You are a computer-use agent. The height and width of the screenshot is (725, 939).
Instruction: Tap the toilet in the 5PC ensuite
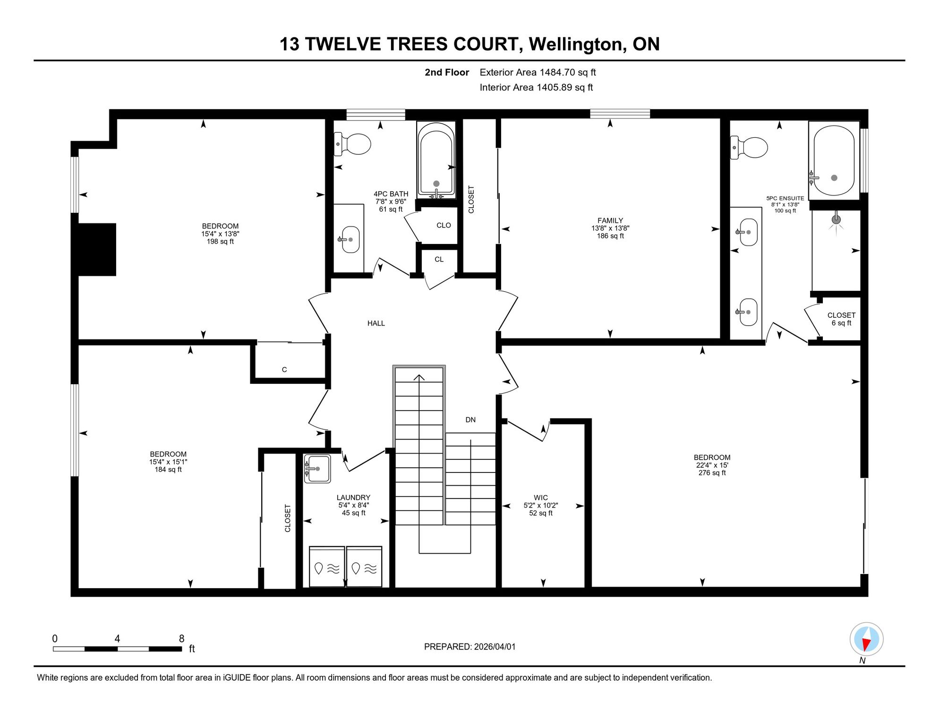point(749,147)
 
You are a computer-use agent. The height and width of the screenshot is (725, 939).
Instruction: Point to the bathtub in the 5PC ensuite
point(834,160)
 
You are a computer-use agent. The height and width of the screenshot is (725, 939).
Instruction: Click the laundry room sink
point(317,469)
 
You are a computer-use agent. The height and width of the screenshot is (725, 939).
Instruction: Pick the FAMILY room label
point(610,220)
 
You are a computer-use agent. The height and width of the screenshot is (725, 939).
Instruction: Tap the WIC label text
point(541,497)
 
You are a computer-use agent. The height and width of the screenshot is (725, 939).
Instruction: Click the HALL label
point(376,323)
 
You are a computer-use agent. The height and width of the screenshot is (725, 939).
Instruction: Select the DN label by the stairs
point(470,420)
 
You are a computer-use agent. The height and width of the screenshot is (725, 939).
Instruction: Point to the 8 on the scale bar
point(181,639)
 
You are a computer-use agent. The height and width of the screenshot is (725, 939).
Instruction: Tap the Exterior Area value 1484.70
point(557,72)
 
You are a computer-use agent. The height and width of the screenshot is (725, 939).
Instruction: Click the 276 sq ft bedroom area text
point(712,472)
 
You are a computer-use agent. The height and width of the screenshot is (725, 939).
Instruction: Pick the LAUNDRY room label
point(353,497)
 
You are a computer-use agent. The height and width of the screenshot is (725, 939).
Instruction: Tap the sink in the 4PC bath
point(350,239)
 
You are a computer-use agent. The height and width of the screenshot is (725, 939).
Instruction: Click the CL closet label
point(439,259)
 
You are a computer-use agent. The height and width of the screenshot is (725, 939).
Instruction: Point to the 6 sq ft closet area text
point(841,323)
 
